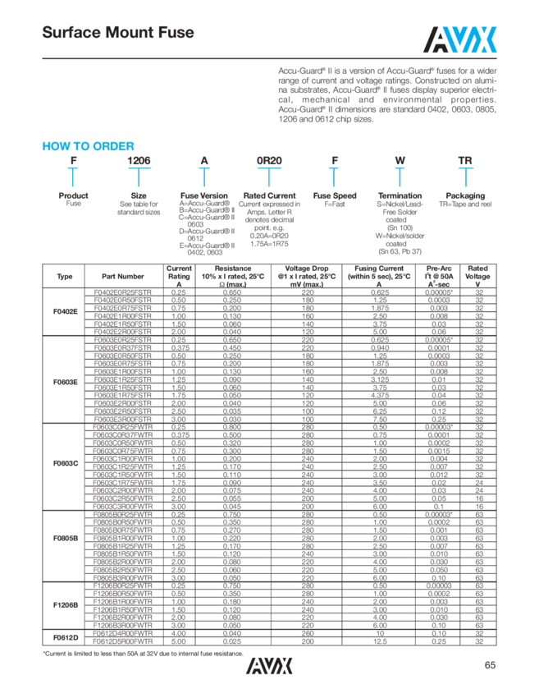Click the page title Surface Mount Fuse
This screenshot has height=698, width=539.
pos(118,33)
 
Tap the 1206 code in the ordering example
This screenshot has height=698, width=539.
pos(138,162)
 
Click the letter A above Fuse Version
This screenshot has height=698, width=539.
pos(203,162)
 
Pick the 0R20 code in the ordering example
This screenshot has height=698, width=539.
pos(269,162)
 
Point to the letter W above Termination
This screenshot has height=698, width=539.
pos(400,162)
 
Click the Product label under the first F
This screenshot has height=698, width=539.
pos(73,196)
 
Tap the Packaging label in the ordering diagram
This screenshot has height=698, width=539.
pos(465,196)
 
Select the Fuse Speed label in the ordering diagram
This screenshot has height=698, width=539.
pos(334,196)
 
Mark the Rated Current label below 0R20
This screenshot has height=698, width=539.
pos(269,196)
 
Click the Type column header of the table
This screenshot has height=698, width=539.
pos(64,276)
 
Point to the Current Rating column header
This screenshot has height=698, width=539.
pos(179,273)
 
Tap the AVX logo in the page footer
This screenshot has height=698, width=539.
pos(269,666)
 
